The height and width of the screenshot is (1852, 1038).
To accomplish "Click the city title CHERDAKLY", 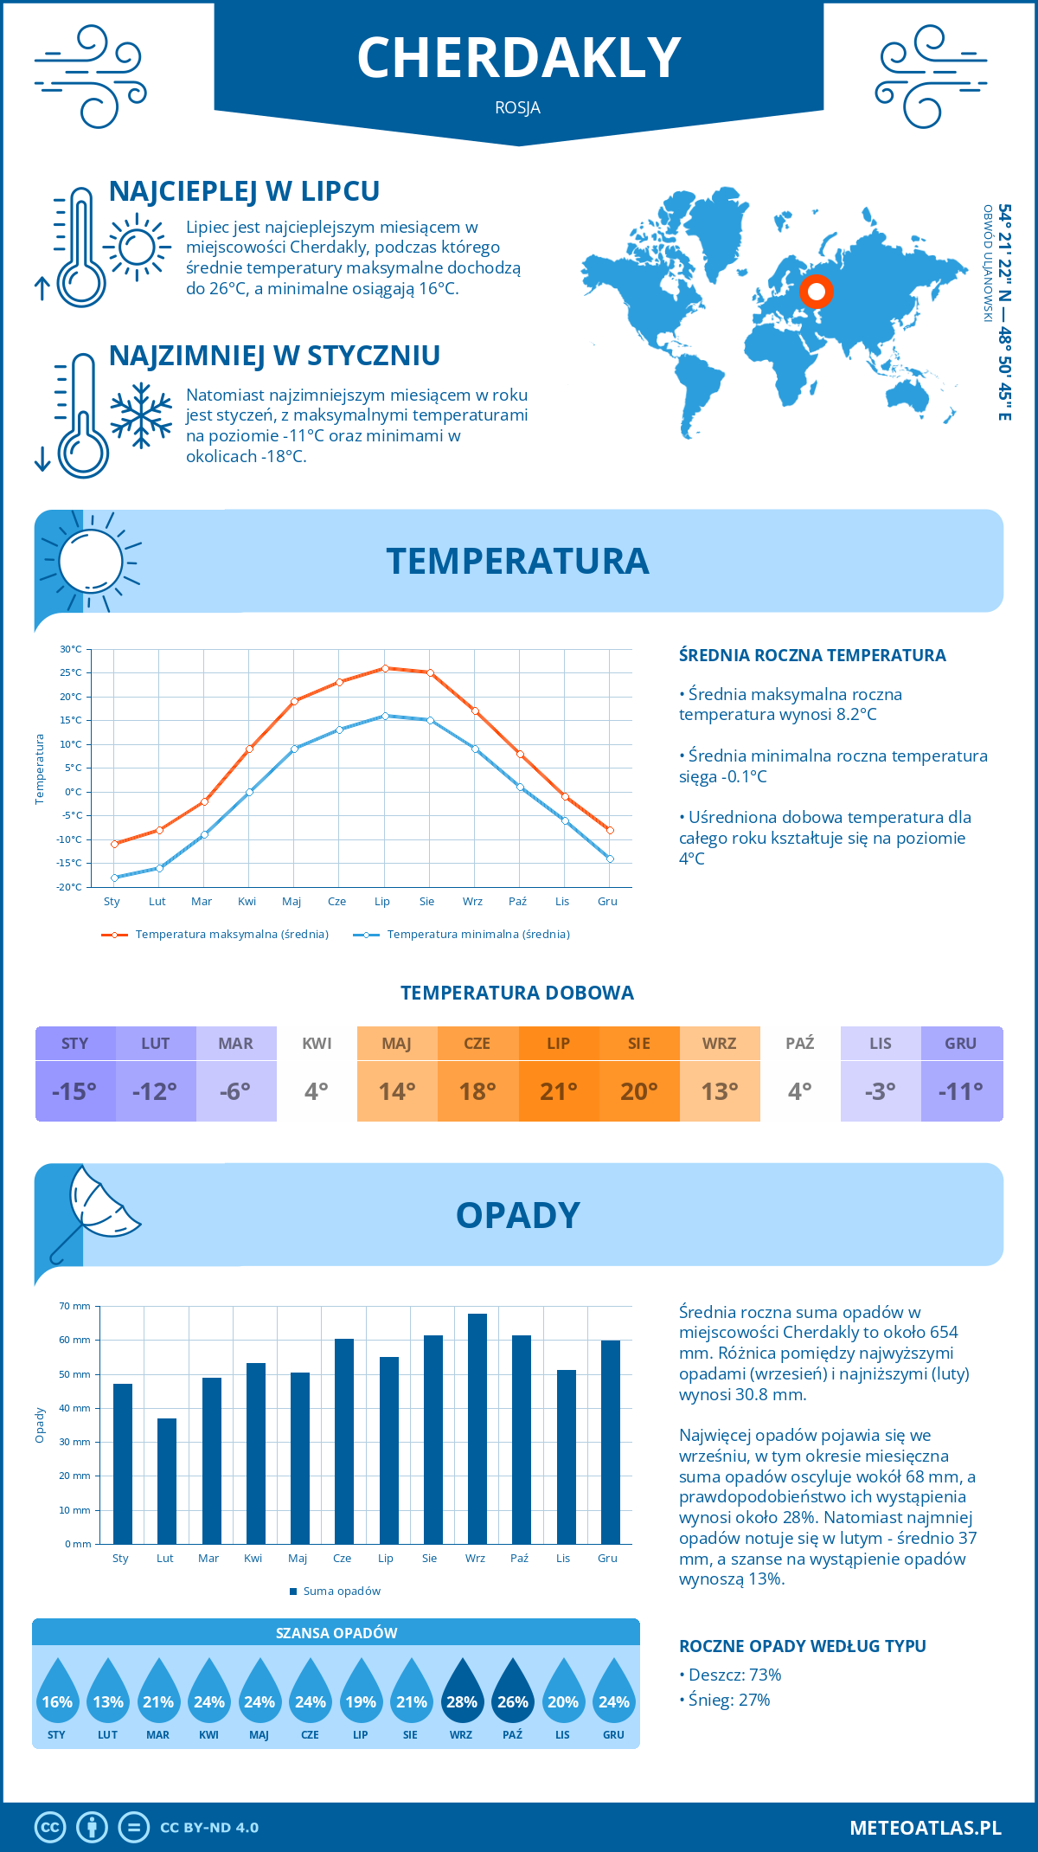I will [519, 58].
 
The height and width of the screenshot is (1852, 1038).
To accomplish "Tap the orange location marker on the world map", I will [816, 292].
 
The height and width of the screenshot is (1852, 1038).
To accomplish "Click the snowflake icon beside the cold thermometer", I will [141, 416].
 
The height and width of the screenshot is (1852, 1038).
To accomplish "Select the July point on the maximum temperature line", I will [385, 668].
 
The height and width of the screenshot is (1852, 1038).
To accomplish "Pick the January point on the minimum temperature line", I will [114, 878].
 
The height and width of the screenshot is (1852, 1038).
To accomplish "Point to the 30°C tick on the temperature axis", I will [71, 649].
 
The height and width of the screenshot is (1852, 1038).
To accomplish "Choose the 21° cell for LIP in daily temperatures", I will [559, 1091].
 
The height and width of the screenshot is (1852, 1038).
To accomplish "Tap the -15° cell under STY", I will [74, 1091].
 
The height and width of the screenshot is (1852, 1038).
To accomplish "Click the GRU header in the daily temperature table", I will [961, 1044].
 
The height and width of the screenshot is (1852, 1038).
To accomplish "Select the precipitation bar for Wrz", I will [477, 1428].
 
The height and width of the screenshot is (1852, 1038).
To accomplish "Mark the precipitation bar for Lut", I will [167, 1481].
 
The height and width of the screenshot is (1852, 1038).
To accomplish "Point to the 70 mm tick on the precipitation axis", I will [75, 1306].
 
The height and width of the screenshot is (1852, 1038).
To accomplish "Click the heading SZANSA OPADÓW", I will [336, 1633].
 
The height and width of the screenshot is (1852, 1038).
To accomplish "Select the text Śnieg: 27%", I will [729, 1700].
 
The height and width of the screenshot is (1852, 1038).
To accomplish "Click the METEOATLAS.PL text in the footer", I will [925, 1828].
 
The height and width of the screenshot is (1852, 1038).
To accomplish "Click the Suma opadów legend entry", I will [341, 1592].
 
